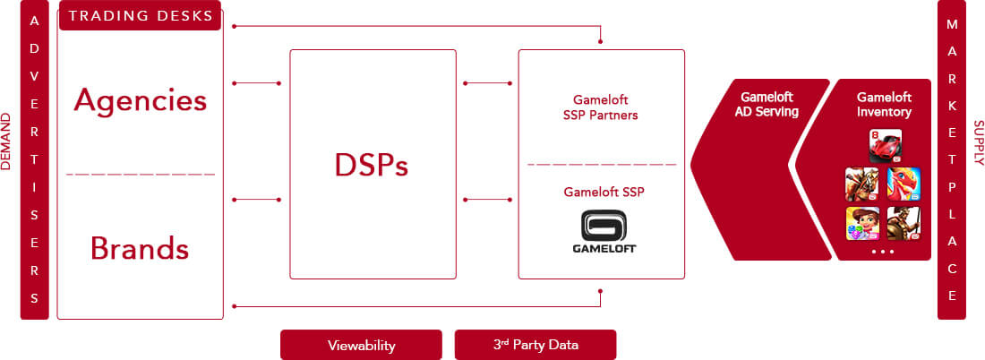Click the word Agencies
click(140, 100)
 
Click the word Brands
click(140, 249)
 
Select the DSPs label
click(372, 166)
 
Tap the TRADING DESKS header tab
click(140, 16)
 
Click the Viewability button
click(361, 345)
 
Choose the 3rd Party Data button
click(535, 345)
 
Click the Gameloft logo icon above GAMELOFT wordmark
click(604, 225)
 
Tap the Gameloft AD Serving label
click(767, 105)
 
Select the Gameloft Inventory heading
click(884, 105)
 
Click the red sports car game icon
click(885, 146)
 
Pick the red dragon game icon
click(904, 184)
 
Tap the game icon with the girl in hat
click(862, 223)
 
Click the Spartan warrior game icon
click(904, 223)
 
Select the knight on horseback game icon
click(862, 184)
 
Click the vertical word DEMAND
click(6, 141)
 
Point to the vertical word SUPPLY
click(978, 142)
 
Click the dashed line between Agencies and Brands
click(141, 174)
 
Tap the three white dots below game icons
click(883, 252)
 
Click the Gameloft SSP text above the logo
click(604, 193)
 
